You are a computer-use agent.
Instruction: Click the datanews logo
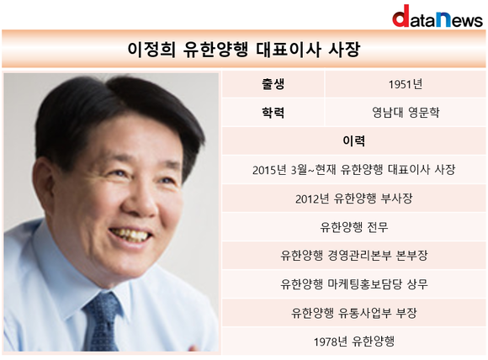click(x=438, y=16)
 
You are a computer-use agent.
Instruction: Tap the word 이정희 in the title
click(x=151, y=49)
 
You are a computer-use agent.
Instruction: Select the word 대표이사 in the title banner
click(x=289, y=49)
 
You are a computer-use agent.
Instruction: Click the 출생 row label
click(x=273, y=84)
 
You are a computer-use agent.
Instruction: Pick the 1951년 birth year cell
click(x=406, y=84)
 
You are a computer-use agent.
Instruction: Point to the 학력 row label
click(x=273, y=113)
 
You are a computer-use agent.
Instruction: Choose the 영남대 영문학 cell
click(x=406, y=113)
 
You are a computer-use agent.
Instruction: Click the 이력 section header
click(x=354, y=141)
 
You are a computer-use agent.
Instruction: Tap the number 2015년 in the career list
click(x=269, y=170)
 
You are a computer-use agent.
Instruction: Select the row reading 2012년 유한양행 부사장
click(x=354, y=199)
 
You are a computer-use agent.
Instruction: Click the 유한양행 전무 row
click(x=354, y=227)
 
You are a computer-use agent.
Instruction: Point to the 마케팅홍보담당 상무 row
click(x=354, y=284)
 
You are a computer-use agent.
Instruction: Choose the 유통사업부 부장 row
click(x=354, y=313)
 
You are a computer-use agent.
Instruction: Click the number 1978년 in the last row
click(x=330, y=341)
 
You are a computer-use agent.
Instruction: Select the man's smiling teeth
click(x=130, y=235)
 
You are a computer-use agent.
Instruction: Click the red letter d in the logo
click(x=400, y=16)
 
